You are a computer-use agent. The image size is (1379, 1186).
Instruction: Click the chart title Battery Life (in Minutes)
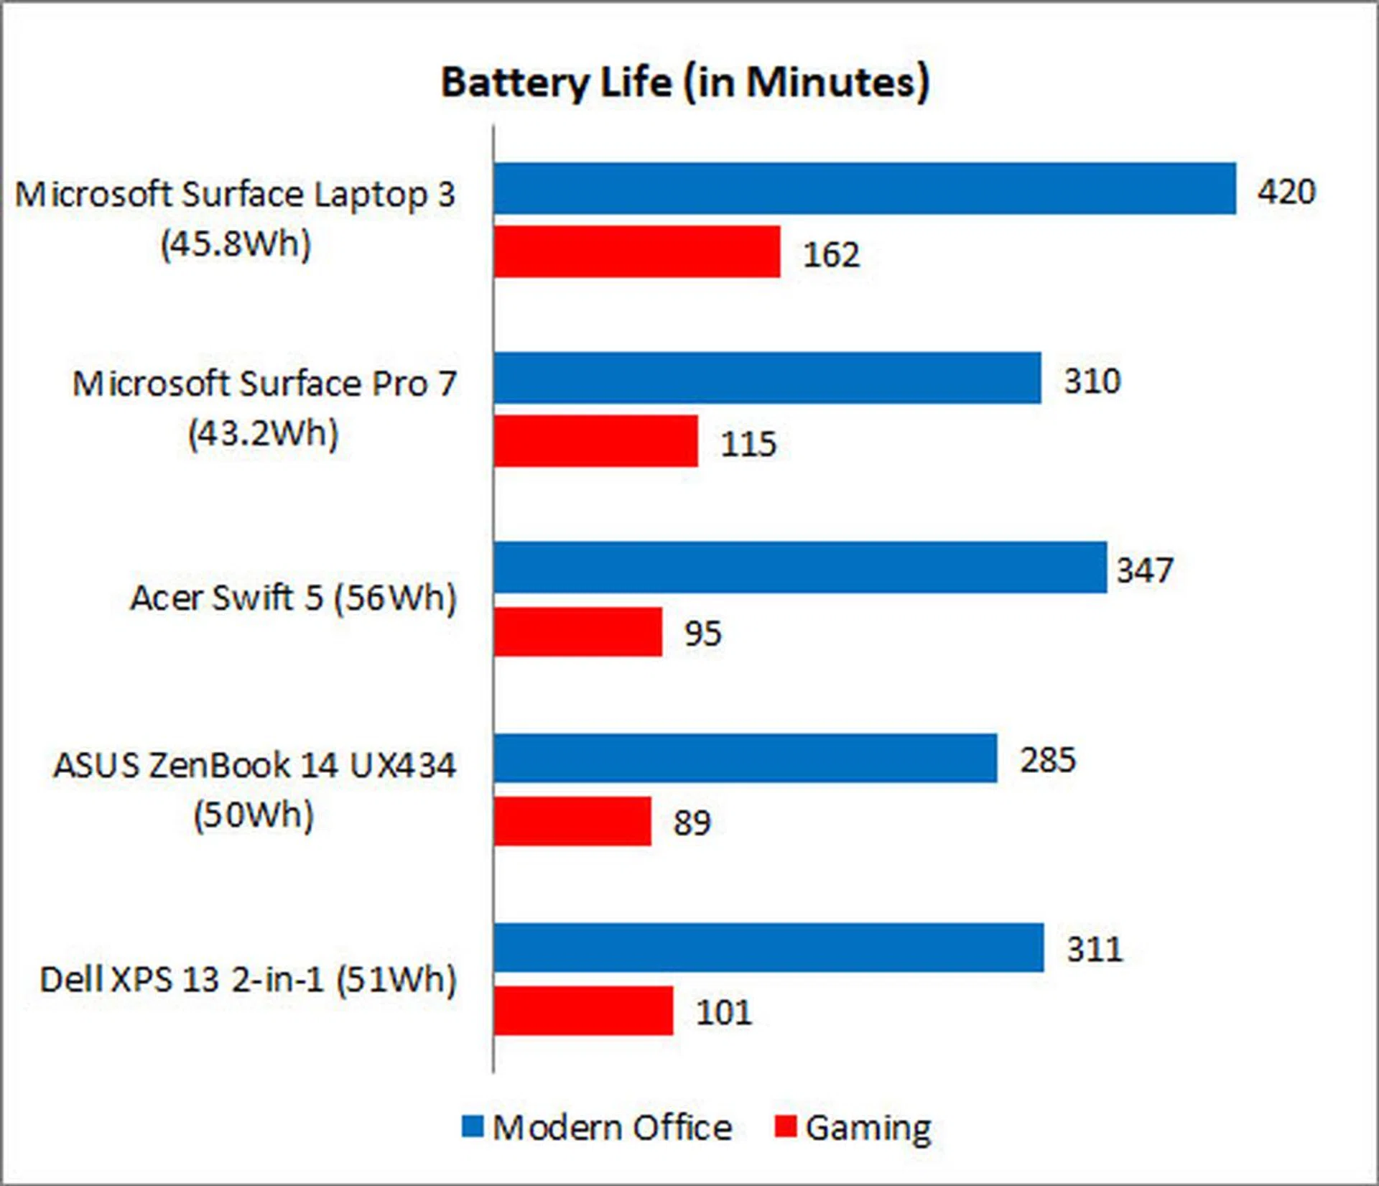pyautogui.click(x=684, y=83)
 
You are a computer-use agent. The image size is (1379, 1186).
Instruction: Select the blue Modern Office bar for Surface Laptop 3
pyautogui.click(x=865, y=188)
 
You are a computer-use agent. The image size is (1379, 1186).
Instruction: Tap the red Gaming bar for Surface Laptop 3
pyautogui.click(x=637, y=251)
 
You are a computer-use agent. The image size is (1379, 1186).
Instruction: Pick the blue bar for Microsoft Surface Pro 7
pyautogui.click(x=767, y=378)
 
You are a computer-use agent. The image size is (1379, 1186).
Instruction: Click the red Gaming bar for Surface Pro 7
pyautogui.click(x=596, y=441)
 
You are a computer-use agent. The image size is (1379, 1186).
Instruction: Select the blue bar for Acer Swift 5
pyautogui.click(x=800, y=567)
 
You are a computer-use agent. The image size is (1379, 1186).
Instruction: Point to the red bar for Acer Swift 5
pyautogui.click(x=578, y=631)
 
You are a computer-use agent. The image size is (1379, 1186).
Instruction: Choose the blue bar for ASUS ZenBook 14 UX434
pyautogui.click(x=746, y=758)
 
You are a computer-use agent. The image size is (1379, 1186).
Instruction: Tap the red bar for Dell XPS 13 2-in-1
pyautogui.click(x=584, y=1011)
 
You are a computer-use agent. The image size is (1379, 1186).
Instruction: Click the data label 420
pyautogui.click(x=1286, y=191)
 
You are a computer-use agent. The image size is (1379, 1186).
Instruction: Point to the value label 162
pyautogui.click(x=831, y=254)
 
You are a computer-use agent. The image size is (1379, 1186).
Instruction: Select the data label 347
pyautogui.click(x=1145, y=570)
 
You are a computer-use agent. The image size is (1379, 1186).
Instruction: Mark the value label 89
pyautogui.click(x=692, y=823)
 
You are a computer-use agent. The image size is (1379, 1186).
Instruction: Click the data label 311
pyautogui.click(x=1095, y=950)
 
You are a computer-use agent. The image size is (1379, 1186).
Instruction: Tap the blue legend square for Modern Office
pyautogui.click(x=473, y=1126)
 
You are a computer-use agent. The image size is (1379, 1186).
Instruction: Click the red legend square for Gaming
pyautogui.click(x=786, y=1126)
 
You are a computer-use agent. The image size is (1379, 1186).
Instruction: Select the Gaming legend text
pyautogui.click(x=868, y=1128)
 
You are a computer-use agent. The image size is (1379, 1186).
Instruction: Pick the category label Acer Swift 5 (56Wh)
pyautogui.click(x=293, y=598)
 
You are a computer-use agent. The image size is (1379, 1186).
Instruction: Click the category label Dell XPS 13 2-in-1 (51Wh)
pyautogui.click(x=248, y=980)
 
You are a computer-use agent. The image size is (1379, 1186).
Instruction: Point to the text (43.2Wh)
pyautogui.click(x=263, y=433)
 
